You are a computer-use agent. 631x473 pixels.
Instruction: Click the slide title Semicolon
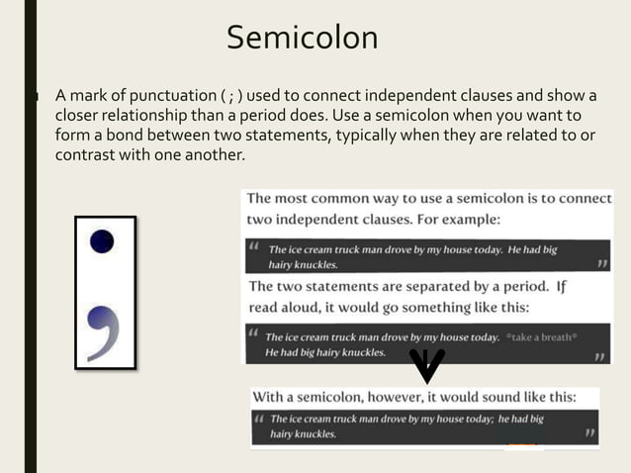pos(302,38)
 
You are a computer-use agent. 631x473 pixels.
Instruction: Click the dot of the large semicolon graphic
pos(102,240)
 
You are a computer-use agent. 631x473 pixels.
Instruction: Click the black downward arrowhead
pos(427,365)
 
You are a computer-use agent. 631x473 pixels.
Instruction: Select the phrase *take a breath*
pos(542,337)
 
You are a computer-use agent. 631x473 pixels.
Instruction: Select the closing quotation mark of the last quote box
pos(590,433)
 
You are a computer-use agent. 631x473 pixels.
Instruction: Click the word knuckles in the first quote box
pos(315,265)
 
